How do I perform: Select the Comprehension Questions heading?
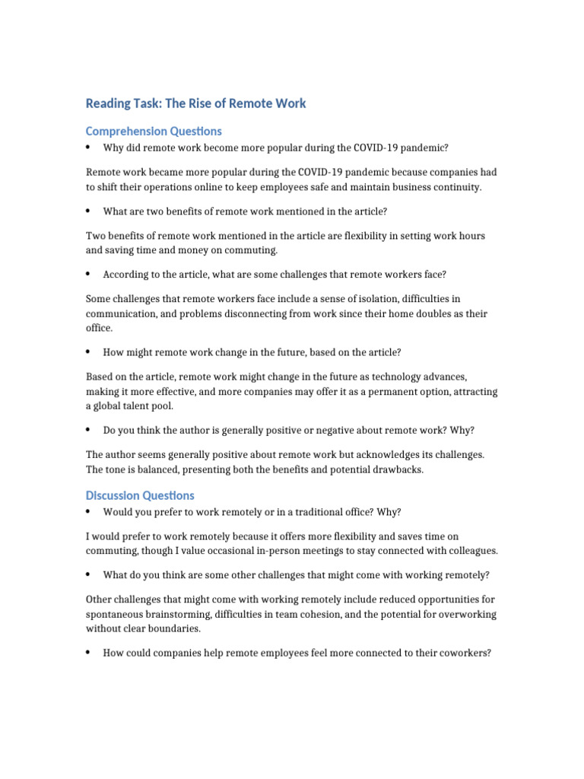(154, 131)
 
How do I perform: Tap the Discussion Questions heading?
(140, 495)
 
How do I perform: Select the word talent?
(142, 405)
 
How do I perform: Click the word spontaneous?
(115, 614)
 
